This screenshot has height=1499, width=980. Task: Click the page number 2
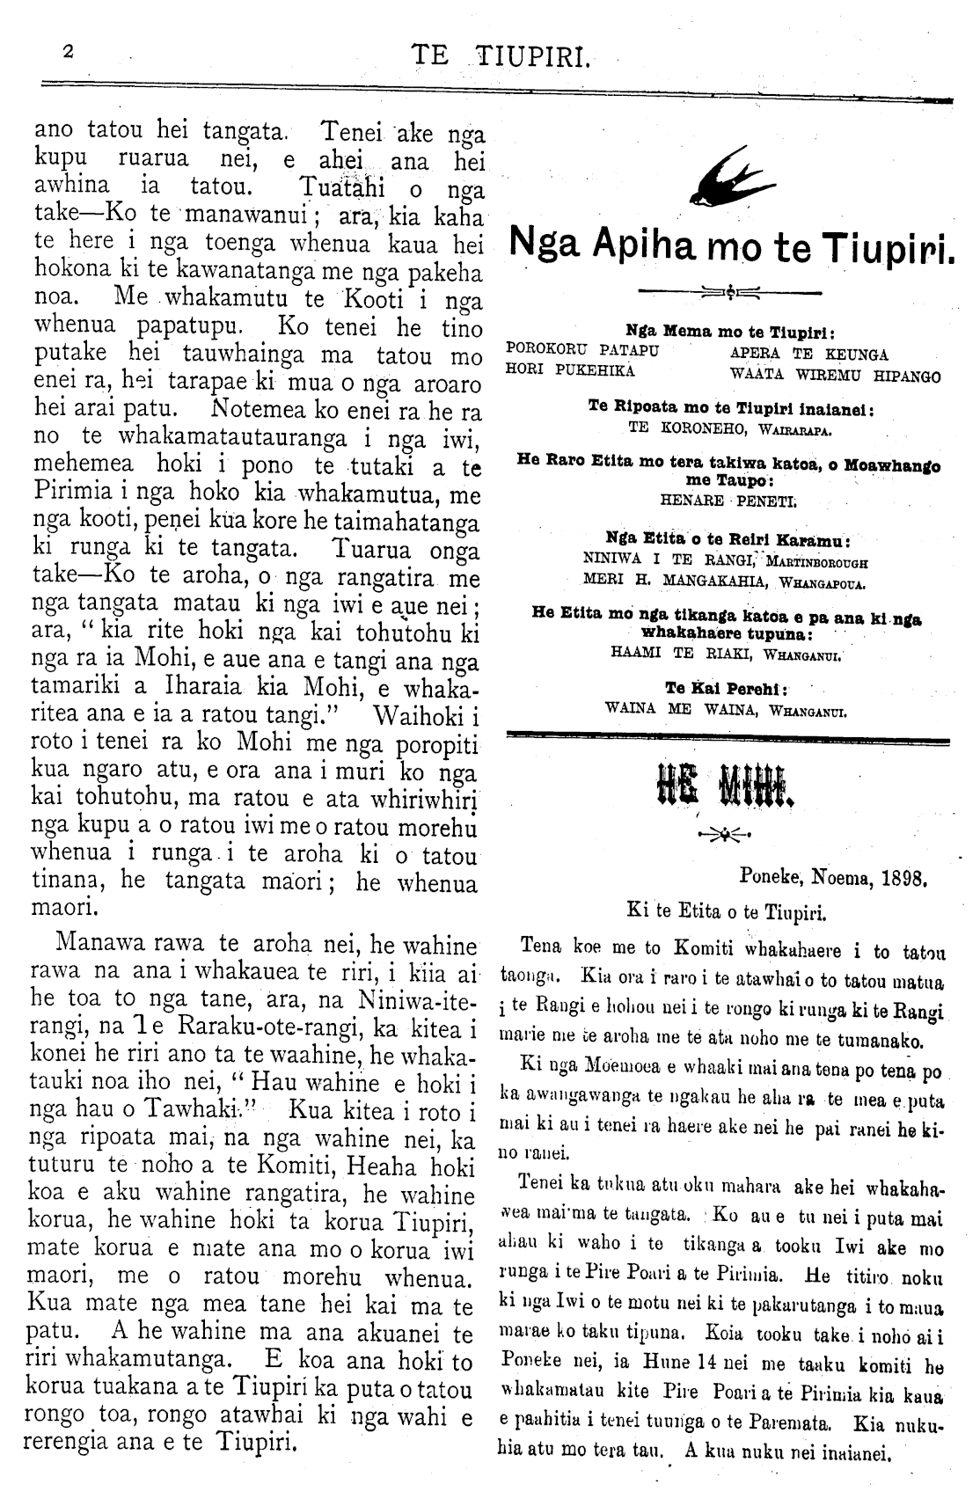[68, 52]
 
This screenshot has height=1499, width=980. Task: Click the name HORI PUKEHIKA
[572, 369]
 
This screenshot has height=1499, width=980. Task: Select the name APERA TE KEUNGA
[810, 355]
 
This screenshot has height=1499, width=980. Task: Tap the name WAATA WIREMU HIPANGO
[836, 376]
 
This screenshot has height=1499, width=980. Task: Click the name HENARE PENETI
[728, 497]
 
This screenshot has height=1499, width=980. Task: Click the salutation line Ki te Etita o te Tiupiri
[727, 912]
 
